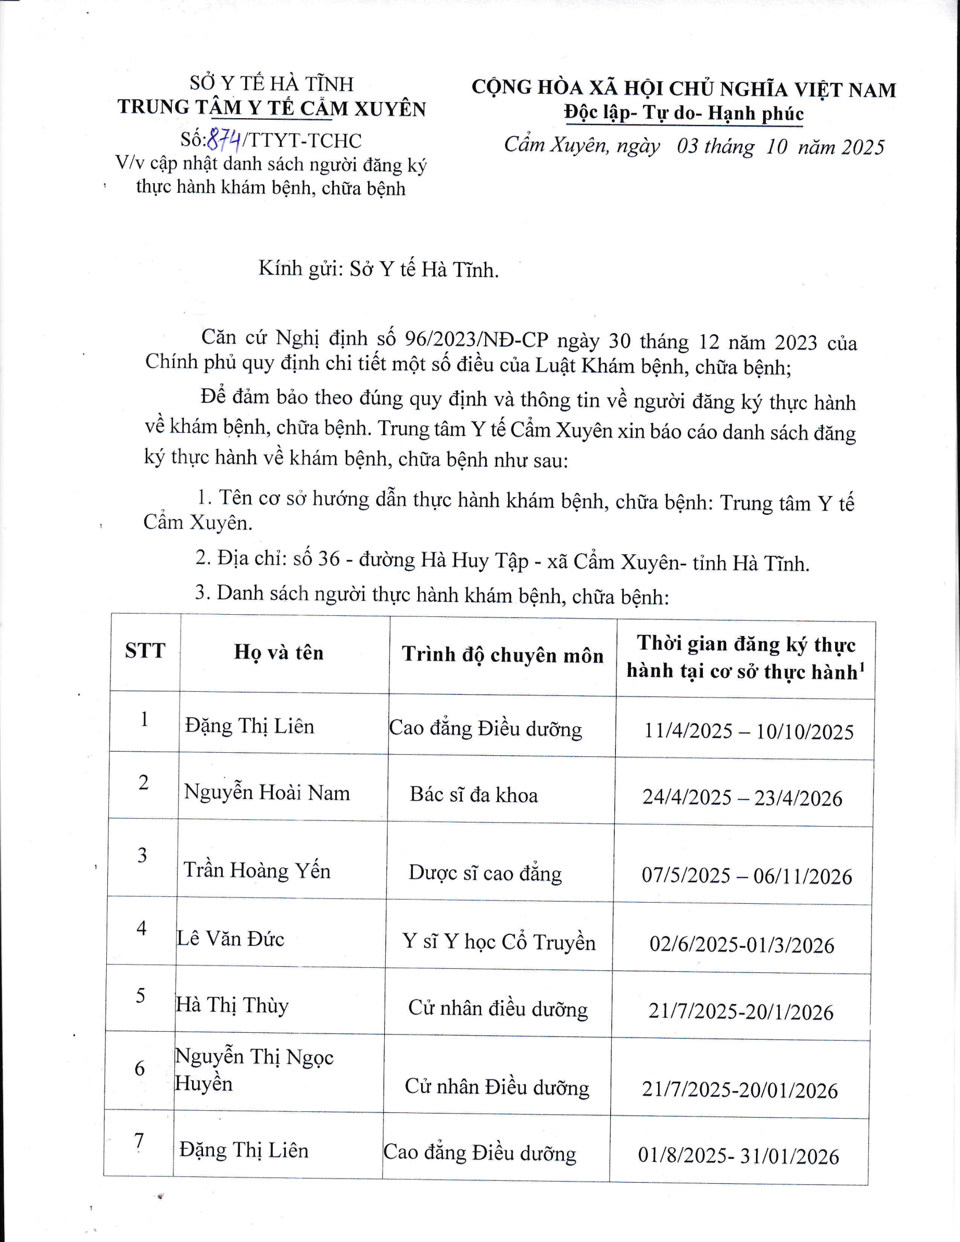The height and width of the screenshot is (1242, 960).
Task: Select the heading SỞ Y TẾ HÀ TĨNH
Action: point(271,84)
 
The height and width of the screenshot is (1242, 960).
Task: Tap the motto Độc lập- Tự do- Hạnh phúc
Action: point(684,113)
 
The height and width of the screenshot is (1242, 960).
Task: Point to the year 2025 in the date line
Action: point(863,147)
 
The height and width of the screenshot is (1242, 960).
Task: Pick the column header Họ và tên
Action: point(279,652)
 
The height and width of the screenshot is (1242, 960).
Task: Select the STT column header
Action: point(145,650)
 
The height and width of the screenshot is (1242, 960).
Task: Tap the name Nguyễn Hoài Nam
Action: point(267,793)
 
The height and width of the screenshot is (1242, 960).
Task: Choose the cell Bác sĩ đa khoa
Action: point(474,794)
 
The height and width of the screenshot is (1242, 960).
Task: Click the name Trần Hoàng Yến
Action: point(257,871)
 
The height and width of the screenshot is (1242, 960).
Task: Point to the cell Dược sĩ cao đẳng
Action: point(485,873)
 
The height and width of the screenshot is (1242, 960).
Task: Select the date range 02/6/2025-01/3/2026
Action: point(742,945)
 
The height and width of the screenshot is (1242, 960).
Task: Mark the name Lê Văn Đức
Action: point(230,939)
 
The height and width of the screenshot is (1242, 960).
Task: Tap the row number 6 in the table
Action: point(140,1069)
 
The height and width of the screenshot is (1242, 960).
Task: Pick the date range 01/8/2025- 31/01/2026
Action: point(738,1156)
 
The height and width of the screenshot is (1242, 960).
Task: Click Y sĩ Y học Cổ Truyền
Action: point(499,942)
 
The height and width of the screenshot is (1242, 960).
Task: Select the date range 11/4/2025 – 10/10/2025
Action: point(749,731)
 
